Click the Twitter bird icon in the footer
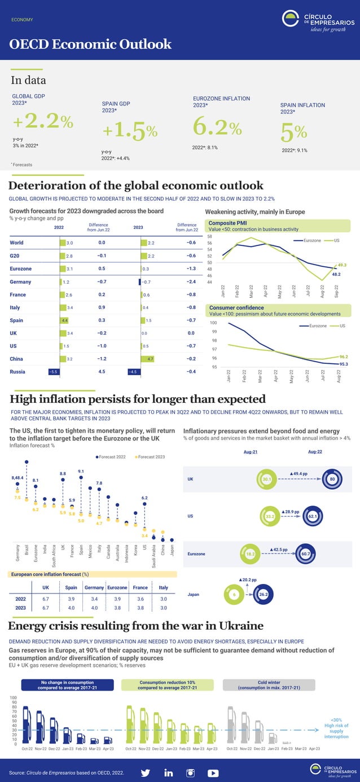pyautogui.click(x=145, y=772)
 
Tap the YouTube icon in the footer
pyautogui.click(x=213, y=772)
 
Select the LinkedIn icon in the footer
pyautogui.click(x=168, y=772)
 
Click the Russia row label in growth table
pyautogui.click(x=17, y=372)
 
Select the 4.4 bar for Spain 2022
pyautogui.click(x=64, y=320)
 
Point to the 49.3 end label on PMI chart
pyautogui.click(x=341, y=265)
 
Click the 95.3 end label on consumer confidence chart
pyautogui.click(x=343, y=364)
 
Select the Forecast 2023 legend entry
pyautogui.click(x=150, y=456)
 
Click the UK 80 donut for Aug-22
pyautogui.click(x=332, y=480)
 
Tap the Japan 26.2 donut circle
pyautogui.click(x=262, y=594)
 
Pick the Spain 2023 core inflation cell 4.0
pyautogui.click(x=71, y=608)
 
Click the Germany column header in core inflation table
pyautogui.click(x=94, y=587)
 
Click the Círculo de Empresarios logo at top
pyautogui.click(x=318, y=21)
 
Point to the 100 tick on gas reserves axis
pyautogui.click(x=14, y=697)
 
